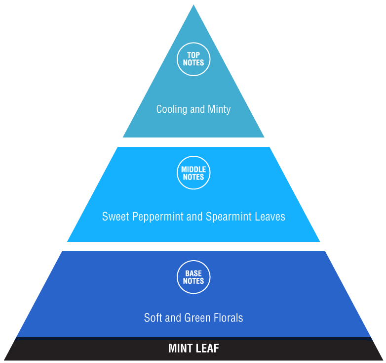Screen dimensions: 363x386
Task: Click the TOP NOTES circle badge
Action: [193, 59]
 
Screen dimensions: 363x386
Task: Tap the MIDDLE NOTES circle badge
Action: [193, 173]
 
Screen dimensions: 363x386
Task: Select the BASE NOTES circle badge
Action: [193, 277]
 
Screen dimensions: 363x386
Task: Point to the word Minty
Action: [219, 109]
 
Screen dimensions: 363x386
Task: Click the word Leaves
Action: [270, 217]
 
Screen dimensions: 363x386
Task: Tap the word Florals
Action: [228, 318]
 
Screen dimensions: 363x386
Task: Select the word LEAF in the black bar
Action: [208, 348]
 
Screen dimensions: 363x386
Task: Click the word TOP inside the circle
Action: [193, 55]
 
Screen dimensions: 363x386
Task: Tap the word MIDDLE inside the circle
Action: [193, 170]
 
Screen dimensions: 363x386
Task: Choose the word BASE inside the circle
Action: [193, 273]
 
